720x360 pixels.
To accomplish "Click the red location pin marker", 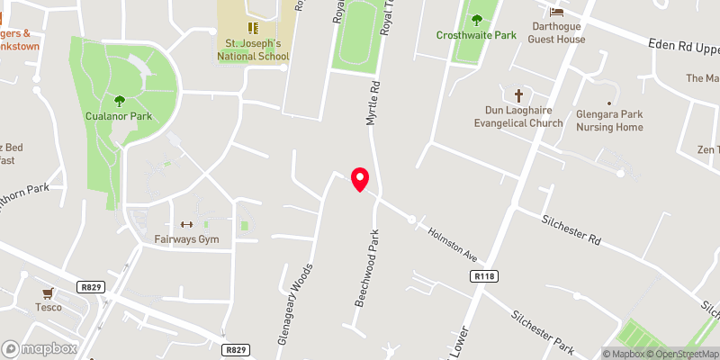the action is [360, 179].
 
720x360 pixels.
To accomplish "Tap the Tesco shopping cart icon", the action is [49, 292].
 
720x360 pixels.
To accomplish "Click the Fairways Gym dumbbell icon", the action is [186, 225].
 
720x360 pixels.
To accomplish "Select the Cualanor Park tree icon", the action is [119, 101].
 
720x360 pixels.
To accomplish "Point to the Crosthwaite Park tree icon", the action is [476, 20].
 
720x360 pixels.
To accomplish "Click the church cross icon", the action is [518, 94].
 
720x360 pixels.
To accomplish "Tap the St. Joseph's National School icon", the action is [253, 28].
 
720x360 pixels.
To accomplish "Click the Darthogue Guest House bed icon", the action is [557, 12].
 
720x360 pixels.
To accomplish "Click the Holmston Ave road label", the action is [451, 244].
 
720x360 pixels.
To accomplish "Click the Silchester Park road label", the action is [542, 332].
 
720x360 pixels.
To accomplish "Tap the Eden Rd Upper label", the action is [685, 44].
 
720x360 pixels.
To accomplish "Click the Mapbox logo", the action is [40, 348].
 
